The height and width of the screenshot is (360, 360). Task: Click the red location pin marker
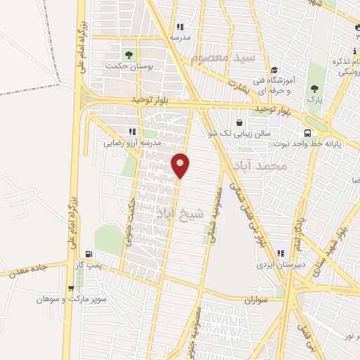click(181, 165)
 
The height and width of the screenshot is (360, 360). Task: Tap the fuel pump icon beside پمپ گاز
click(88, 255)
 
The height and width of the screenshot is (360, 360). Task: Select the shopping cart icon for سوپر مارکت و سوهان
click(70, 288)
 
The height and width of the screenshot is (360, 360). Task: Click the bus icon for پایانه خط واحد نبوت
click(307, 134)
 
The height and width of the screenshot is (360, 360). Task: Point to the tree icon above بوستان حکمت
click(128, 54)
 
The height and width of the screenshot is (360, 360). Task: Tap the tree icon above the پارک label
click(314, 89)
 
